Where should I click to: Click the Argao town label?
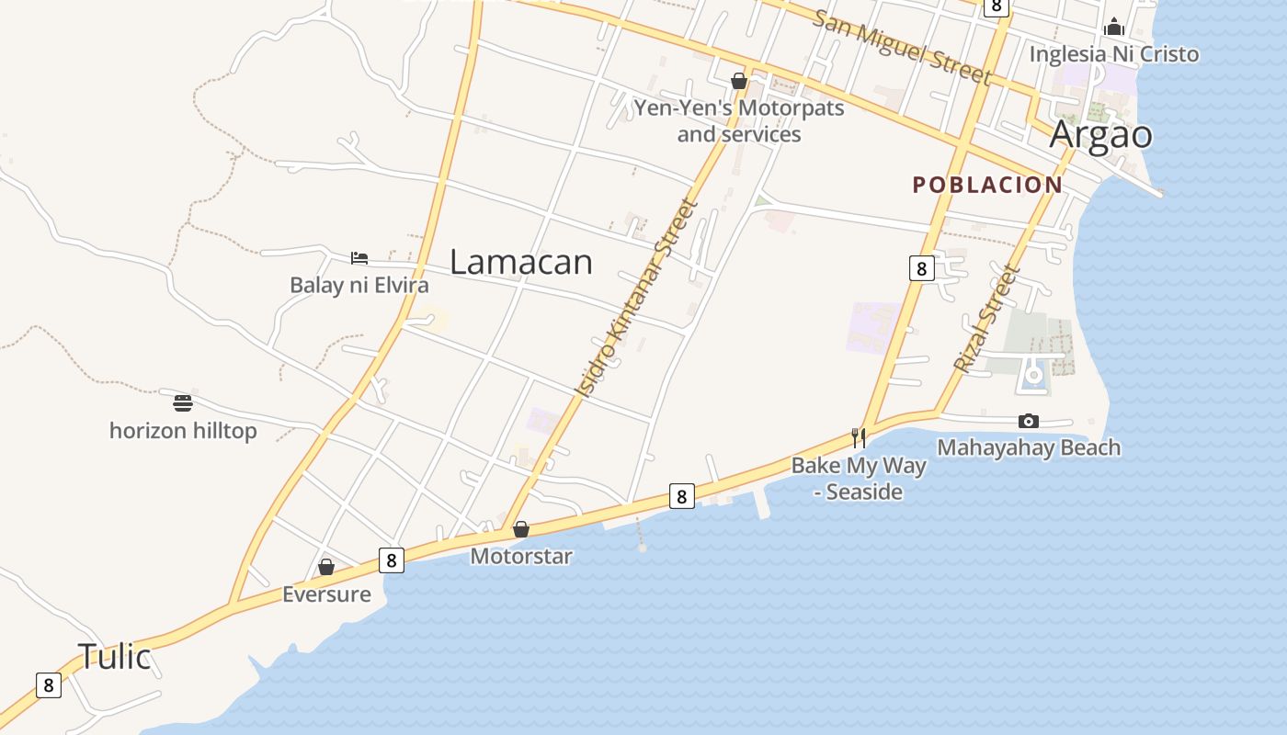(x=1100, y=134)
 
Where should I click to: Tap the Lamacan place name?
(x=521, y=263)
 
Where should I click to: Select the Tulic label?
(x=114, y=657)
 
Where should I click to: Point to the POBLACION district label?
(x=987, y=185)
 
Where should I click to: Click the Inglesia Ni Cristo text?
(x=1114, y=54)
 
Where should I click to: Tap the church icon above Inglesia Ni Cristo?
(x=1114, y=26)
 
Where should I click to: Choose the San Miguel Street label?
(x=903, y=48)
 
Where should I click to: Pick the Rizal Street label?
(x=987, y=319)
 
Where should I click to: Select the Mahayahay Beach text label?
(x=1029, y=448)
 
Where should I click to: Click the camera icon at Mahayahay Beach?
(x=1029, y=421)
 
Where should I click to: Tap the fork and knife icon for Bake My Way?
(x=859, y=437)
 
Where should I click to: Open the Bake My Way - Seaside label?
(x=859, y=479)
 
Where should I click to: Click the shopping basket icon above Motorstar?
(x=521, y=529)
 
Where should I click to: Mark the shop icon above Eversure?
(x=326, y=567)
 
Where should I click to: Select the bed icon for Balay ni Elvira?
(x=359, y=258)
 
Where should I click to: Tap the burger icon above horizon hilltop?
(x=183, y=402)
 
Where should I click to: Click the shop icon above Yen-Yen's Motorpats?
(x=738, y=81)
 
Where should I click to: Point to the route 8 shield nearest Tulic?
(x=49, y=685)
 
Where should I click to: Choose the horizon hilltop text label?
(x=183, y=431)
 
